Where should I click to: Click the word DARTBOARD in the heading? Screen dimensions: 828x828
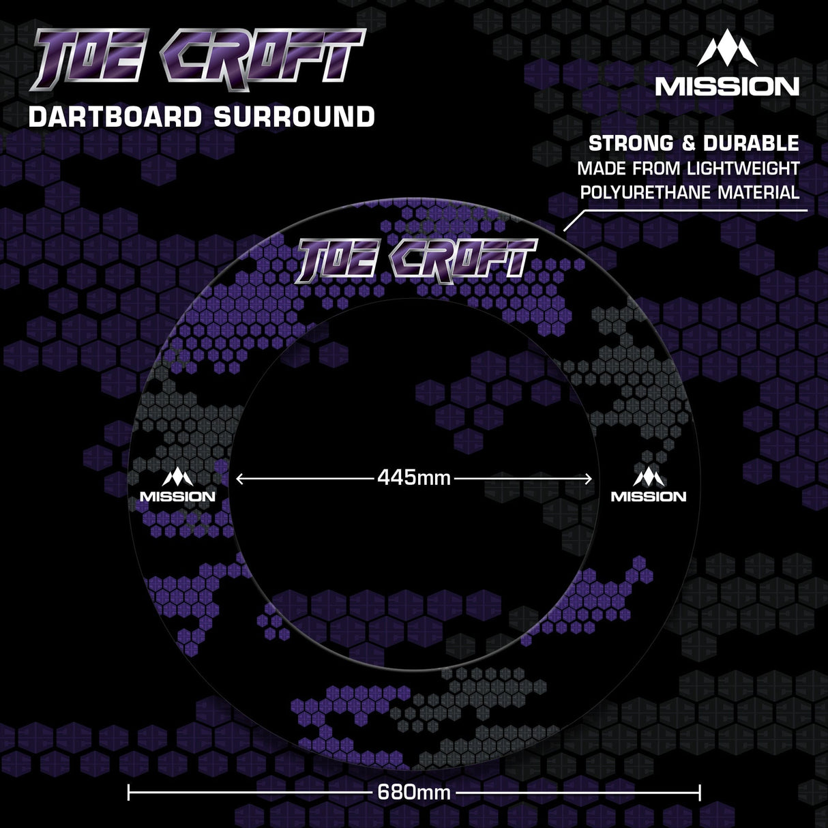115,117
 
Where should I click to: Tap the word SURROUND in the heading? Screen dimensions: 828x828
294,117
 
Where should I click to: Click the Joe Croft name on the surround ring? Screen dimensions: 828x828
415,261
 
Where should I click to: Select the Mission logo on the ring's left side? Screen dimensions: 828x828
177,486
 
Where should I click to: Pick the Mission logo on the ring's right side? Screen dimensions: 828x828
649,486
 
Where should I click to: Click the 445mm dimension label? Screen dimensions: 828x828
414,478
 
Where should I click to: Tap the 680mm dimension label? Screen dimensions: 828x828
414,793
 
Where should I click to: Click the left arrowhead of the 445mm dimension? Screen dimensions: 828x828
239,479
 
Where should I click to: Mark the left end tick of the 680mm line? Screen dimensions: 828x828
129,793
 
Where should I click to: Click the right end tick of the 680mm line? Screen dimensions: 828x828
700,793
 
